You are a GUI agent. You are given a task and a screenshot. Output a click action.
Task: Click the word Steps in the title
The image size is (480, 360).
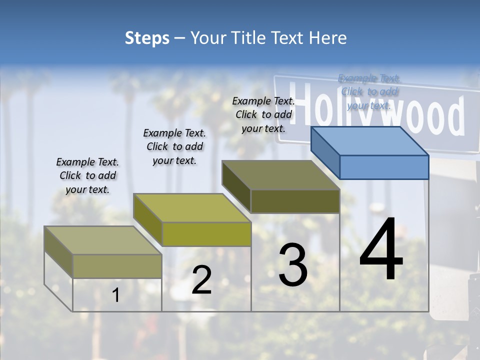147,38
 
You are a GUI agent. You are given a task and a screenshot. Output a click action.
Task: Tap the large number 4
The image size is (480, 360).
381,250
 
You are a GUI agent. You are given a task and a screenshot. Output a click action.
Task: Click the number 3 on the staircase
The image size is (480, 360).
293,264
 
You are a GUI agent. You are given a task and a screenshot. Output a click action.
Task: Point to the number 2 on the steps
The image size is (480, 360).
201,280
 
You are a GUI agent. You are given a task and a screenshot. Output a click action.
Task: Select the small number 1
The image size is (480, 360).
116,295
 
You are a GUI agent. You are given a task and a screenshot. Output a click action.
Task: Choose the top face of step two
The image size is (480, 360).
192,208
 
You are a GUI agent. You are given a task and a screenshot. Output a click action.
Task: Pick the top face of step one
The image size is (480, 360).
103,240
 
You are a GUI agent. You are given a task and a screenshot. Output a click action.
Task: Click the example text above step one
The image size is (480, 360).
88,175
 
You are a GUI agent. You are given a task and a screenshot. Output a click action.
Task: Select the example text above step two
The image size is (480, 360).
174,146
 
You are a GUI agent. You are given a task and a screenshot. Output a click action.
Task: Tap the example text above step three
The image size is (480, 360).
263,114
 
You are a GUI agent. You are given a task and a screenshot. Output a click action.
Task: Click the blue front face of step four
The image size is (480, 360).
384,167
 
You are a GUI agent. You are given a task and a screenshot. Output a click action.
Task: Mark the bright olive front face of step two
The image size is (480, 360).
206,234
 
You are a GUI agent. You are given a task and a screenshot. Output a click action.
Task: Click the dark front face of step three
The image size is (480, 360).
295,201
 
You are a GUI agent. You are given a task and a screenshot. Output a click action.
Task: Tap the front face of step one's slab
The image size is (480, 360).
117,266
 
